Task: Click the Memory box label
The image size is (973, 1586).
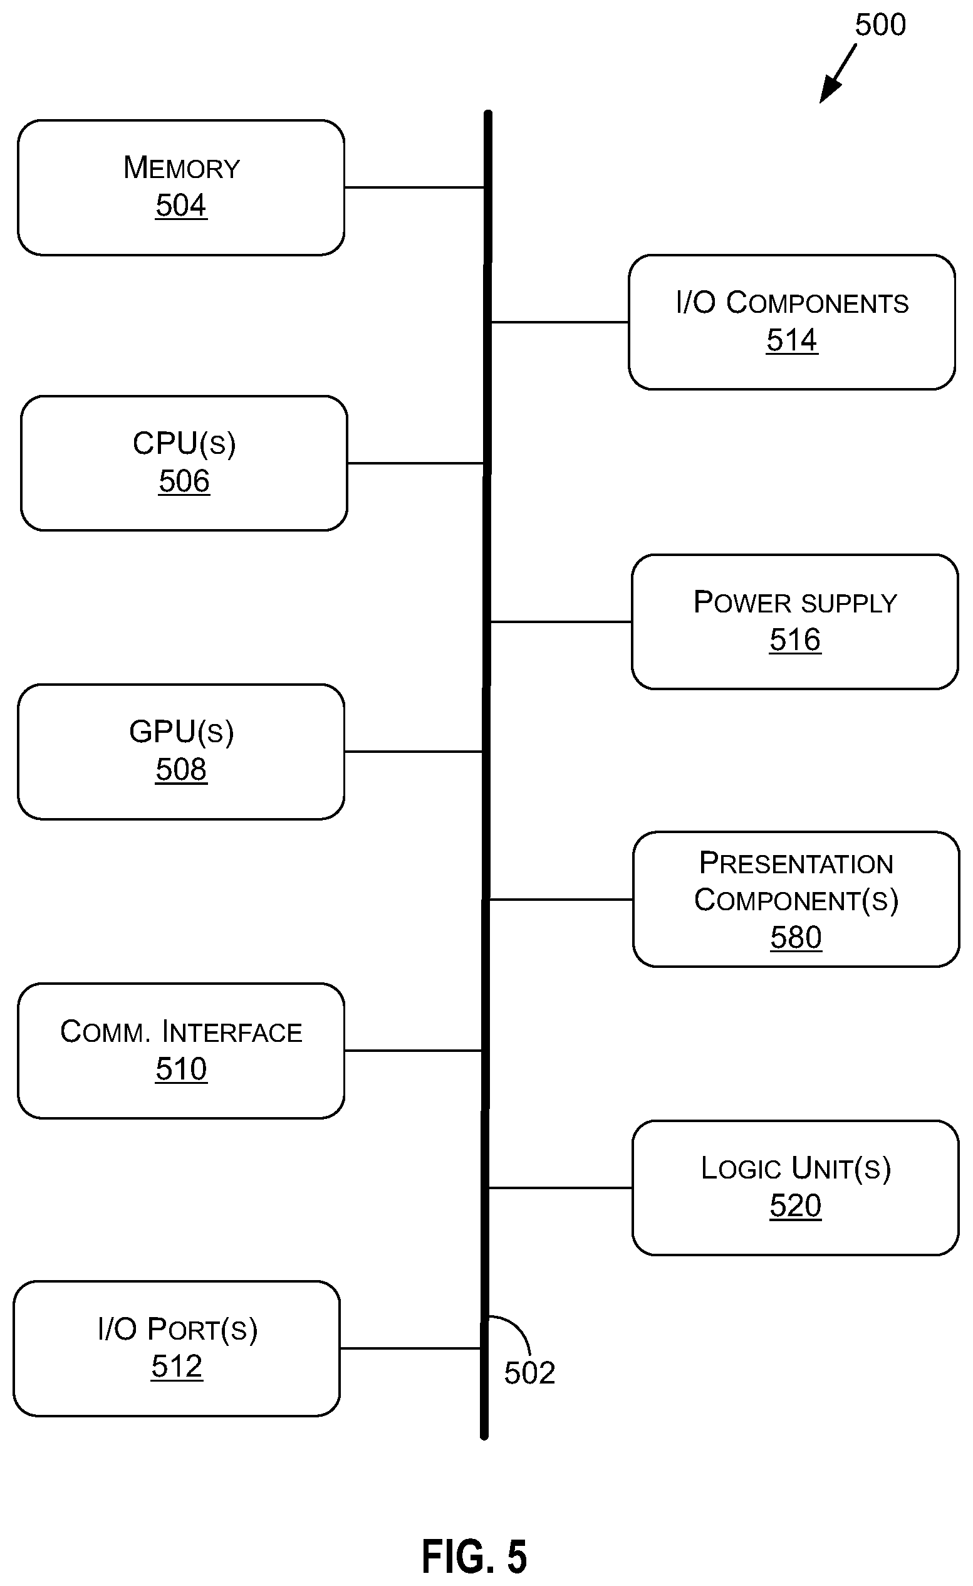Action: pyautogui.click(x=182, y=168)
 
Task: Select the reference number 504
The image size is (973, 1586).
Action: pyautogui.click(x=181, y=206)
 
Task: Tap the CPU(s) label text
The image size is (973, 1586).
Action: pyautogui.click(x=184, y=443)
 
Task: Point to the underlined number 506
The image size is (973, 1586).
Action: pyautogui.click(x=184, y=481)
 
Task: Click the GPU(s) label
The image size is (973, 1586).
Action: pyautogui.click(x=182, y=732)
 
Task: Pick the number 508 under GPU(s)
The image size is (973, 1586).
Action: pyautogui.click(x=181, y=769)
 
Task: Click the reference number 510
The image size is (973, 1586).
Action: pyautogui.click(x=181, y=1068)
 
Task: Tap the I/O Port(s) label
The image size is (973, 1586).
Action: pyautogui.click(x=177, y=1329)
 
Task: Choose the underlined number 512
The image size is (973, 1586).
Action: pyautogui.click(x=177, y=1366)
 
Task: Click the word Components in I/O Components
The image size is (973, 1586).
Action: pyautogui.click(x=817, y=303)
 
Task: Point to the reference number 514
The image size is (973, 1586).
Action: pyautogui.click(x=791, y=340)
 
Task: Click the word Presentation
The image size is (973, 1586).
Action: pyautogui.click(x=796, y=863)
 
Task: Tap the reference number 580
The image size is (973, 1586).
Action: pyautogui.click(x=796, y=937)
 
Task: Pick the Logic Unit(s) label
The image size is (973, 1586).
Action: pyautogui.click(x=796, y=1168)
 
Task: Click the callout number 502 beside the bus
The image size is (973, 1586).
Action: pyautogui.click(x=529, y=1372)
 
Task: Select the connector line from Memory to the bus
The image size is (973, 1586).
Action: pyautogui.click(x=414, y=187)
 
